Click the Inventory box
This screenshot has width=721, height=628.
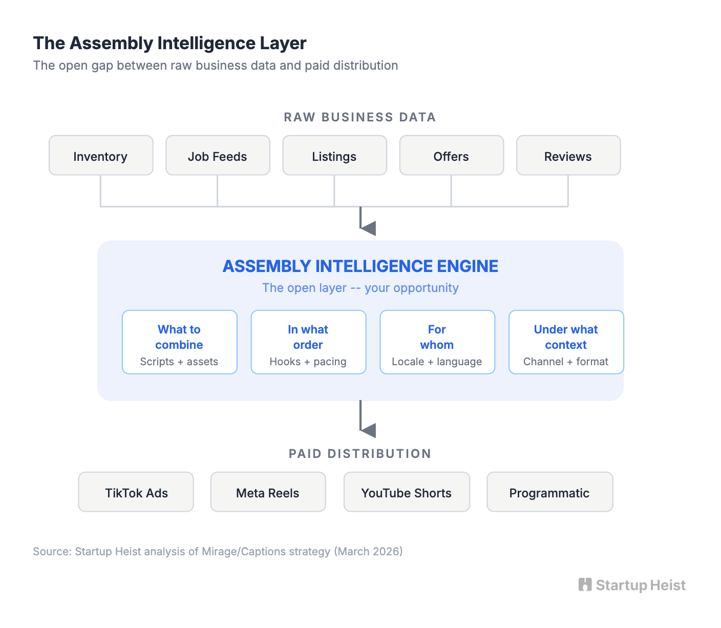(101, 156)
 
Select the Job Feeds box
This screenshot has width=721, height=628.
(218, 156)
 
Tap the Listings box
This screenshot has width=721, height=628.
(334, 156)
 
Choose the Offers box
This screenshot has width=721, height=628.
(451, 156)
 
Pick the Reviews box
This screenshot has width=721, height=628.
(568, 156)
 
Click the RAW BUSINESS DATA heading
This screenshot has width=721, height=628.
(360, 117)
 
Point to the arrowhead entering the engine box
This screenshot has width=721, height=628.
(369, 228)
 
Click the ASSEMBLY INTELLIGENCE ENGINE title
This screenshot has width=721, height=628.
(360, 266)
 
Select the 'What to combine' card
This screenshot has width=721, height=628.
(180, 342)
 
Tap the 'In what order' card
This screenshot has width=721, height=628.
(308, 342)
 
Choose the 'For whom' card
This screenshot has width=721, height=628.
(437, 342)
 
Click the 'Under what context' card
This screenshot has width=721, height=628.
(566, 342)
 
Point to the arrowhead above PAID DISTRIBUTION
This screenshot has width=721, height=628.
(369, 430)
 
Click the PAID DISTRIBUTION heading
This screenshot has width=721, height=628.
(360, 454)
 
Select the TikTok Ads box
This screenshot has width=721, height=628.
(136, 492)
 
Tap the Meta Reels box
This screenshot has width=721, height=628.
(268, 492)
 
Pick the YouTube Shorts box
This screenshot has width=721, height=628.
(407, 492)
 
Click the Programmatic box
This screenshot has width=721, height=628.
(549, 492)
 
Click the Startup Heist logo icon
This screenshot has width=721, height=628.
(585, 585)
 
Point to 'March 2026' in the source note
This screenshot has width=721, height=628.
(368, 552)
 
